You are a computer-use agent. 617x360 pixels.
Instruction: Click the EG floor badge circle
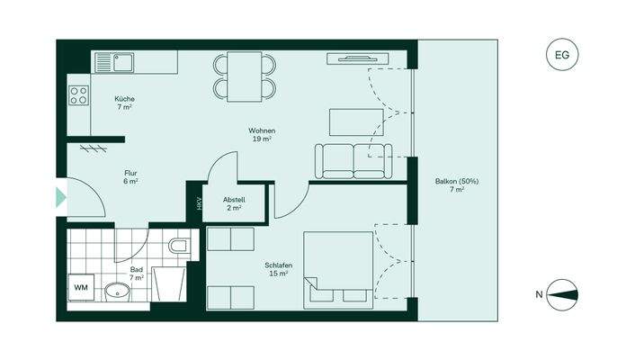562,56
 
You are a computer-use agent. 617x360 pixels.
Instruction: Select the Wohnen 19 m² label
262,135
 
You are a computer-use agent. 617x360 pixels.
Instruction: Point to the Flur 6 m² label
130,176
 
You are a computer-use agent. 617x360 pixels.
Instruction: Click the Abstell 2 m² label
234,203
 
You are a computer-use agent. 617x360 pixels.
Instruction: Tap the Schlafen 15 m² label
276,269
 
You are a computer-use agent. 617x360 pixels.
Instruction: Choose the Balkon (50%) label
457,185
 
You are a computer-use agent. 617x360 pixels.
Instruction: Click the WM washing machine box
81,287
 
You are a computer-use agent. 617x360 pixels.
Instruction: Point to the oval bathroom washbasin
116,291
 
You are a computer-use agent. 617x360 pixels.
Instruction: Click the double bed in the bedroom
337,267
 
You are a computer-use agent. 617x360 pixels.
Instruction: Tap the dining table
244,76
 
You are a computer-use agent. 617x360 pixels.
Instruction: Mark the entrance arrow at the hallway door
61,197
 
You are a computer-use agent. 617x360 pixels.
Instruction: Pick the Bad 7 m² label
137,273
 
